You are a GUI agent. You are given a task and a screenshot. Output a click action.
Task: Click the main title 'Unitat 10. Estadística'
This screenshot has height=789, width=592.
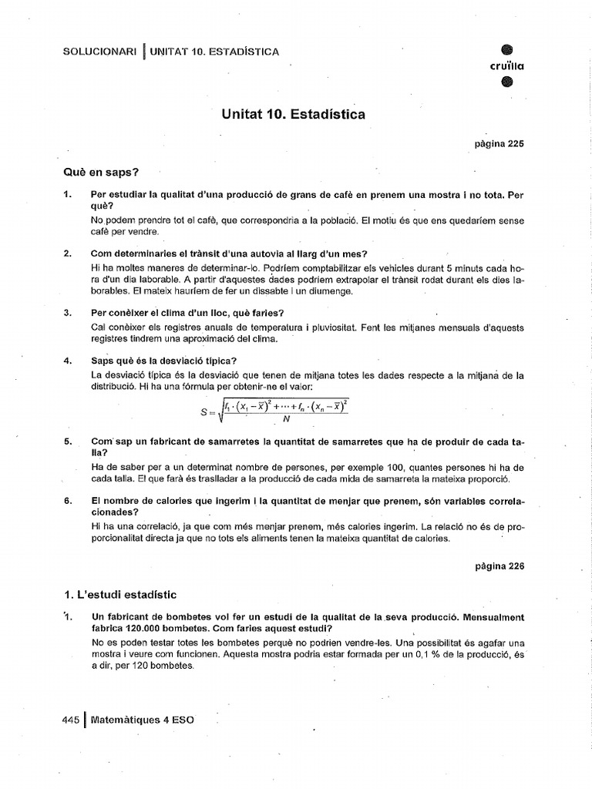(x=294, y=115)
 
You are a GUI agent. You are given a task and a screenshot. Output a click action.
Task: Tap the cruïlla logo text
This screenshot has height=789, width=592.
(x=506, y=65)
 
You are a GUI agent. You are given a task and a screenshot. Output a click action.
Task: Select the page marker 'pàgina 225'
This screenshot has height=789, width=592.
(x=499, y=143)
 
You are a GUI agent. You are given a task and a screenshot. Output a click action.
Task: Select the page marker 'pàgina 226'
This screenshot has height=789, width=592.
(x=499, y=565)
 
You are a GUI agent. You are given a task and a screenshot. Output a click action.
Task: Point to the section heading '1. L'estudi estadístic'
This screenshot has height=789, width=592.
(x=121, y=594)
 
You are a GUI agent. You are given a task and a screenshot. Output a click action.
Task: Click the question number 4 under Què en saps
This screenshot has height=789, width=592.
(x=69, y=361)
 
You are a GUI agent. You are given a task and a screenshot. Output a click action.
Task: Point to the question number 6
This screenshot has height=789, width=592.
(x=69, y=500)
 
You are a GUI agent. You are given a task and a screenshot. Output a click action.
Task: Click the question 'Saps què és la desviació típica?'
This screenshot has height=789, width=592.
(x=164, y=361)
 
